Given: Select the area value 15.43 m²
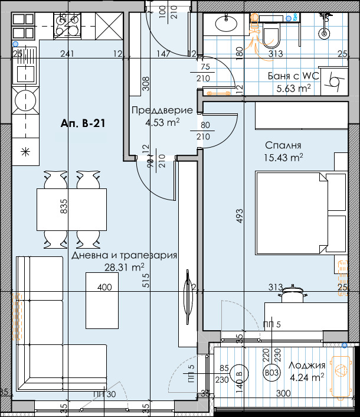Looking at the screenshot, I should [284, 157].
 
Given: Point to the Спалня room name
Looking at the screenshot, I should [283, 145].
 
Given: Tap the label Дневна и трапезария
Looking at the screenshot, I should [125, 256].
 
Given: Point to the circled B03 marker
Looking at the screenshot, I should [272, 373].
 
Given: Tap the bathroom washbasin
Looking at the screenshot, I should [225, 24].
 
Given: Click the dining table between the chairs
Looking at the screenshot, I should [71, 209].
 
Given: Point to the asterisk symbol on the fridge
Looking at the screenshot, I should [25, 151].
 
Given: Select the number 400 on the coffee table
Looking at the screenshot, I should [104, 288].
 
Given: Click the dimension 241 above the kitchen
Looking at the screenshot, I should [68, 54].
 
